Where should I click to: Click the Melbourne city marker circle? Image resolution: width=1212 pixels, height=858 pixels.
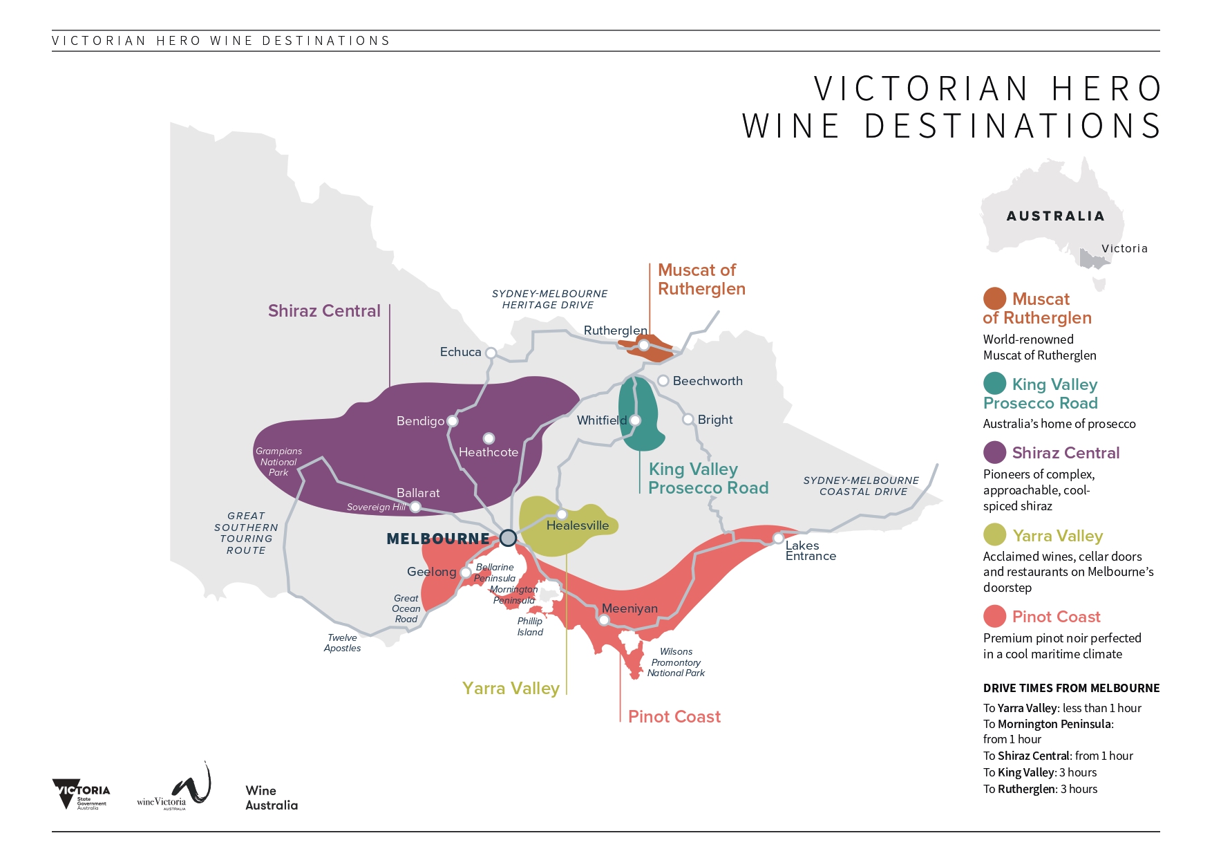(508, 538)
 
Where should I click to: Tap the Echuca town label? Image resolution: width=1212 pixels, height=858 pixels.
(460, 352)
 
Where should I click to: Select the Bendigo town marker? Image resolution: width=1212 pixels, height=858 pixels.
(452, 420)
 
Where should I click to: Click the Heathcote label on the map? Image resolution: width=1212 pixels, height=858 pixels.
(489, 452)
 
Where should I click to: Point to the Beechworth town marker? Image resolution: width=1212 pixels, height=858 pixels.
(663, 381)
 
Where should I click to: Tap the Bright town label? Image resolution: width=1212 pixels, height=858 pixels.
(714, 420)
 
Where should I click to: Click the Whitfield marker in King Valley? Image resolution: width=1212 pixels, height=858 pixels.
(635, 420)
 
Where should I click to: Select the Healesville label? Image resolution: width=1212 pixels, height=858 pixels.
(578, 525)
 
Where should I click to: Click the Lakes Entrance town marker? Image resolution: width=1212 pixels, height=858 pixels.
(778, 538)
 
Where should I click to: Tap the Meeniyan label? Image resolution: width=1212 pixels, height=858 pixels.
(629, 608)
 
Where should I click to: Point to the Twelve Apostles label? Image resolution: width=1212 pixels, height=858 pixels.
(343, 643)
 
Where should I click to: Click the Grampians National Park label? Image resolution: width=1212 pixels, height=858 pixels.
(278, 462)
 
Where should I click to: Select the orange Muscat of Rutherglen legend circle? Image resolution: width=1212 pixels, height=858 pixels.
(994, 299)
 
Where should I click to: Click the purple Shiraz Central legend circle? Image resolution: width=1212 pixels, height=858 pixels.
(994, 453)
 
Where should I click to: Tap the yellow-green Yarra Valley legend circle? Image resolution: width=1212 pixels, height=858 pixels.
(994, 535)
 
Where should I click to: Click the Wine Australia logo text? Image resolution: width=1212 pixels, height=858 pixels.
(271, 798)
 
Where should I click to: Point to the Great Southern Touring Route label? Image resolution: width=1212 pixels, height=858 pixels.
(246, 533)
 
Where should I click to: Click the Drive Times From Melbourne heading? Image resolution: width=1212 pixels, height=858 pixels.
(1071, 688)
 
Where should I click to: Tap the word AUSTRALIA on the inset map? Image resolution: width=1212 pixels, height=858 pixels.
(1055, 216)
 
